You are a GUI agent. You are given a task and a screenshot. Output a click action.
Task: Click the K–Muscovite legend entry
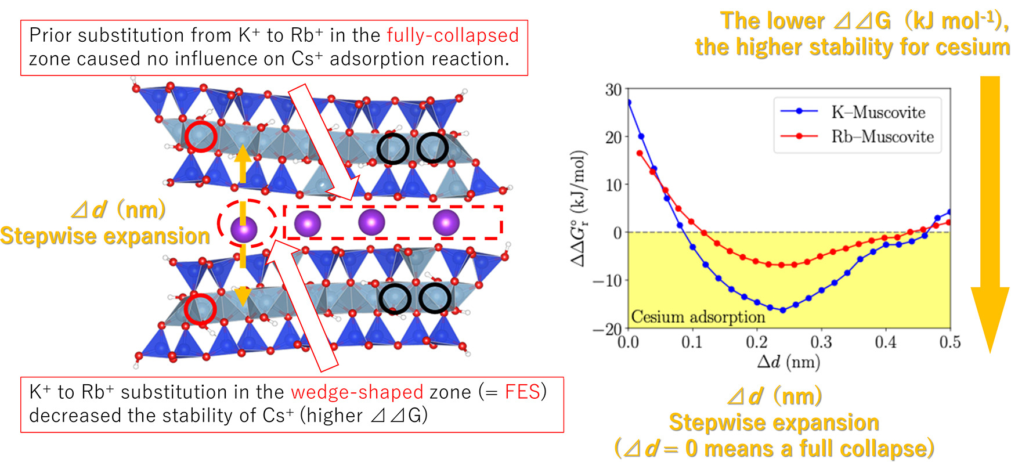[878, 112]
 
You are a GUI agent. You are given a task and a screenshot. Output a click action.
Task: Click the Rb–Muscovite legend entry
[882, 137]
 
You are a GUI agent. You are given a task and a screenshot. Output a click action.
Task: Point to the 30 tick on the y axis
[613, 90]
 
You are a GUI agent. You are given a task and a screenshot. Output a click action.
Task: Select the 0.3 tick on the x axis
[821, 342]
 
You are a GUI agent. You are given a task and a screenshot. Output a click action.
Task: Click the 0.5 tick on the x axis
[949, 342]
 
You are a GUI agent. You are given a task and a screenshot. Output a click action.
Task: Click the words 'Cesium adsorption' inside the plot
[698, 317]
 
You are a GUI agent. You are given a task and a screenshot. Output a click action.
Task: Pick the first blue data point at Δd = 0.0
[629, 102]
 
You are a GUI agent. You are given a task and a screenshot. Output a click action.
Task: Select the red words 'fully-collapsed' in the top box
[453, 35]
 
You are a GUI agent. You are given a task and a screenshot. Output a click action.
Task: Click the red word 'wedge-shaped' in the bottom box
[357, 392]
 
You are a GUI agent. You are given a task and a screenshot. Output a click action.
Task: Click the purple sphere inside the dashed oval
[244, 229]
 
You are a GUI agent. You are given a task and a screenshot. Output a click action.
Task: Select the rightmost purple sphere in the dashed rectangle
[446, 223]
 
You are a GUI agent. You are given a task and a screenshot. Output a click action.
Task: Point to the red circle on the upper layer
[201, 137]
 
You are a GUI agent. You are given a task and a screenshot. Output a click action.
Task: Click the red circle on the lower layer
[200, 309]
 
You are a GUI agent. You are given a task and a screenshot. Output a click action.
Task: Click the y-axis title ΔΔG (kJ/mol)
[578, 209]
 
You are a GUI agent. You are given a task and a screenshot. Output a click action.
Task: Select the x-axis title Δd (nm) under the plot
[788, 362]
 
